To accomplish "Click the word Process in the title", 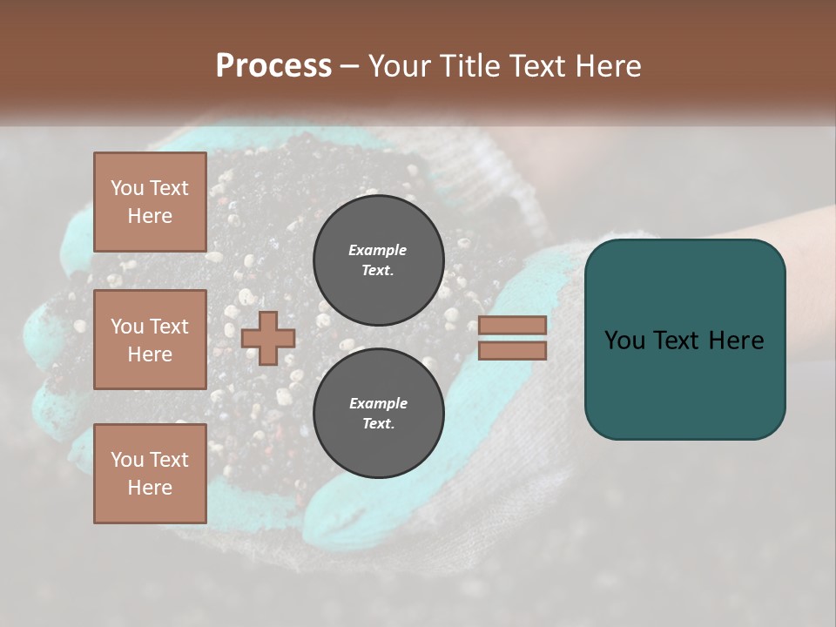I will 273,66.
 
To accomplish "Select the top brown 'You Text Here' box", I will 150,202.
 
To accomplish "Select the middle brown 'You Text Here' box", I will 150,340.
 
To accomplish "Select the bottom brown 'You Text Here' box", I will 150,473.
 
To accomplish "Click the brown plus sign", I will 268,338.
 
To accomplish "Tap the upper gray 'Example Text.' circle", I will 378,260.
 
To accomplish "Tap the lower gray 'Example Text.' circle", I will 378,413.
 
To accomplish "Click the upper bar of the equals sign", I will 512,325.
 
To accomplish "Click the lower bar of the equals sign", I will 512,351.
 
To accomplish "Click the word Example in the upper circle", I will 378,250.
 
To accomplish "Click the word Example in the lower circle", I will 378,403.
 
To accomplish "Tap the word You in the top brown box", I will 127,188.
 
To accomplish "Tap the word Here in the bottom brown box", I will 150,488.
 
